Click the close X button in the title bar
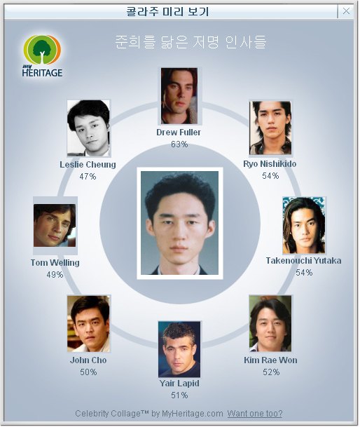pyautogui.click(x=346, y=11)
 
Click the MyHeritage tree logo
pyautogui.click(x=42, y=55)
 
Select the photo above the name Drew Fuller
pyautogui.click(x=179, y=96)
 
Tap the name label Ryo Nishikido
pyautogui.click(x=270, y=164)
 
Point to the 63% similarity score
pyautogui.click(x=179, y=144)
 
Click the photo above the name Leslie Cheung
pyautogui.click(x=88, y=128)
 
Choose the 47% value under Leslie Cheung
pyautogui.click(x=88, y=177)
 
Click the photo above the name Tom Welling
pyautogui.click(x=55, y=225)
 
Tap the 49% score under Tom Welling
pyautogui.click(x=55, y=275)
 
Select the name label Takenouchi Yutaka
pyautogui.click(x=303, y=261)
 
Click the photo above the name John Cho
pyautogui.click(x=88, y=323)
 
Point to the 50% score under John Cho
pyautogui.click(x=88, y=372)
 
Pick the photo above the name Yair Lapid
pyautogui.click(x=179, y=349)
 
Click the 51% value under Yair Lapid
pyautogui.click(x=179, y=395)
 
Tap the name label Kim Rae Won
pyautogui.click(x=270, y=360)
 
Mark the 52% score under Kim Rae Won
pyautogui.click(x=271, y=372)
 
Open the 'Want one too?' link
pyautogui.click(x=255, y=414)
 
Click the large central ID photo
pyautogui.click(x=179, y=223)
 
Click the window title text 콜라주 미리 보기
pyautogui.click(x=167, y=11)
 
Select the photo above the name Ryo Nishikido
pyautogui.click(x=270, y=128)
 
